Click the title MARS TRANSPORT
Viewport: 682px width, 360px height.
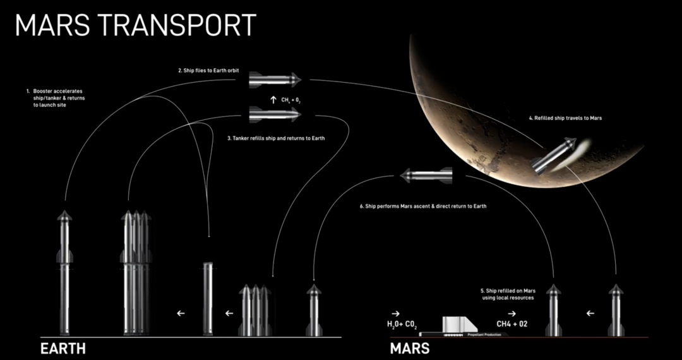[x=136, y=25]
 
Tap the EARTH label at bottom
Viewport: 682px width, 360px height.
[x=63, y=349]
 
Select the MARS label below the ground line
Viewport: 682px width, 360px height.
[x=410, y=349]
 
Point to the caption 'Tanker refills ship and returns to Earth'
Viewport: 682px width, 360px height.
[x=275, y=138]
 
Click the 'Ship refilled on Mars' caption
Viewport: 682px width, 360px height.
[x=508, y=294]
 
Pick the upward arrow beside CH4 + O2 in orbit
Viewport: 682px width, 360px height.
[x=273, y=99]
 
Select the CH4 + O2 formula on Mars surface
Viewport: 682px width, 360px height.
[x=512, y=325]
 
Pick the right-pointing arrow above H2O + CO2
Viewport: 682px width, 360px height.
[x=395, y=313]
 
